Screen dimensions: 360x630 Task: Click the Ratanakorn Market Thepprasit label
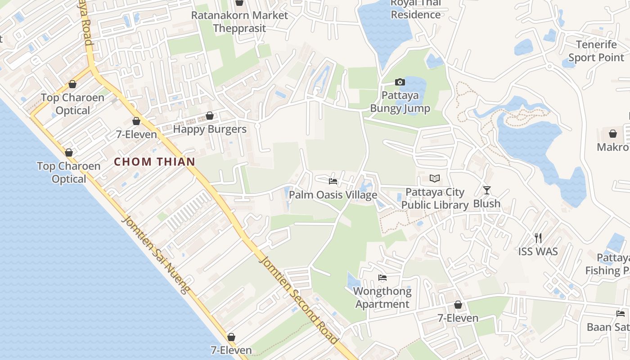239,22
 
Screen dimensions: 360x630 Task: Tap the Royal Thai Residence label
415,9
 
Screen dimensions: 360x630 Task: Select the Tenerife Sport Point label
596,51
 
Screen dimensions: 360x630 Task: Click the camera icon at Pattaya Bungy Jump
400,82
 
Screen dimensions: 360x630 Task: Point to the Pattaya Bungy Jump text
400,102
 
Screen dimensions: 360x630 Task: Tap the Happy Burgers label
210,129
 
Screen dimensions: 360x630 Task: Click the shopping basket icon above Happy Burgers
209,116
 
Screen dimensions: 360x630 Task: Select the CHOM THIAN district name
154,162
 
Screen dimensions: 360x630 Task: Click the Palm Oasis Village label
333,195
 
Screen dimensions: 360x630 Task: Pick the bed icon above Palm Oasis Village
333,181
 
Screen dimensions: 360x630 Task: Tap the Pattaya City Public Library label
435,198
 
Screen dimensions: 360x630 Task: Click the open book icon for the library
434,179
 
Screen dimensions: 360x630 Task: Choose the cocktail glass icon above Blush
486,190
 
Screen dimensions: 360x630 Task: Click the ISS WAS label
538,252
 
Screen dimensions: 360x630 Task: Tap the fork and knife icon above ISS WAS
538,238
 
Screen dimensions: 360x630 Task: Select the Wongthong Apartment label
382,297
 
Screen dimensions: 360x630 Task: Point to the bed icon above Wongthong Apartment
382,278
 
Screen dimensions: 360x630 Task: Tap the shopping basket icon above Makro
612,134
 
